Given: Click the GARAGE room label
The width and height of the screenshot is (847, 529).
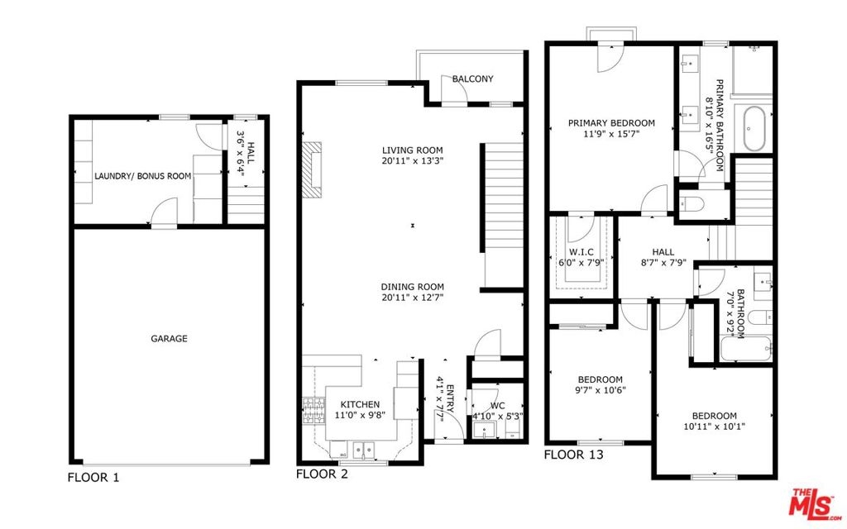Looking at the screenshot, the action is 169,338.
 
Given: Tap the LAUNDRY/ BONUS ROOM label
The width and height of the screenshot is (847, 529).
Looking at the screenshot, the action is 142,176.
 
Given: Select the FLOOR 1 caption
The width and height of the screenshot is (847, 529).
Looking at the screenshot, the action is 93,477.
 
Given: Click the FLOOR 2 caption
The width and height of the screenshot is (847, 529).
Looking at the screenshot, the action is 322,474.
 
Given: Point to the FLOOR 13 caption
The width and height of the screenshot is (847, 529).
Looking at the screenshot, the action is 573,455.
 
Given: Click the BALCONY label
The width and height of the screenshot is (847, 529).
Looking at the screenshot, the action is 472,79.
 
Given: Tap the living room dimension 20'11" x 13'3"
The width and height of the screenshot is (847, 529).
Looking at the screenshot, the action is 412,161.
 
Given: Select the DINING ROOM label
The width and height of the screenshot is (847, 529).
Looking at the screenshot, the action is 412,287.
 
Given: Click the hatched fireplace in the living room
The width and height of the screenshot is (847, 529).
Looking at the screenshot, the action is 312,170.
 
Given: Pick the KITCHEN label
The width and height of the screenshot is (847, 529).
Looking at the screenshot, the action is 360,404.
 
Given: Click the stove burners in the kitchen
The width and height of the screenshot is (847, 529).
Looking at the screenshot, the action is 313,412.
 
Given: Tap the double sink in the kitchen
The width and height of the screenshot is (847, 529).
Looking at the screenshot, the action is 364,449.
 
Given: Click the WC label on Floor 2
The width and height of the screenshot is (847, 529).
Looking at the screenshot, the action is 497,406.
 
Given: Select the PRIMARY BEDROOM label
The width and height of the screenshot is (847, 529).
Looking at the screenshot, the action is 611,123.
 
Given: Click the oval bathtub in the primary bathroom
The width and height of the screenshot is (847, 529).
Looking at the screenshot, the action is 754,129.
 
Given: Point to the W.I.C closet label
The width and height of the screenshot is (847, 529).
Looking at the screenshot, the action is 581,252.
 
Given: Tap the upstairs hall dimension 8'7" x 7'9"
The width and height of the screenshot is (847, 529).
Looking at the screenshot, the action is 663,263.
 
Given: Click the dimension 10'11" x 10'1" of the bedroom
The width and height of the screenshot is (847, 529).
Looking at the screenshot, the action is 714,427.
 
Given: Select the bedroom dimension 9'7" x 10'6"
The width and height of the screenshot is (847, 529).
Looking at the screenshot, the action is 601,390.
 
